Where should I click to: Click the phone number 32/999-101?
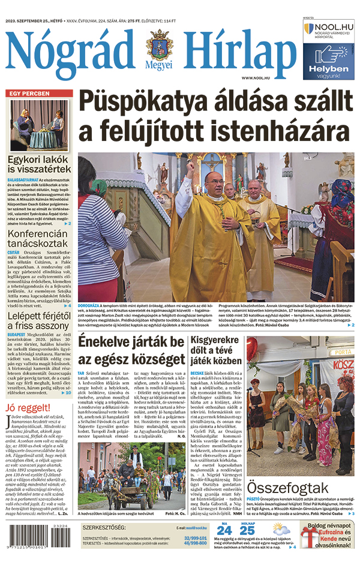[x=196, y=538]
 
